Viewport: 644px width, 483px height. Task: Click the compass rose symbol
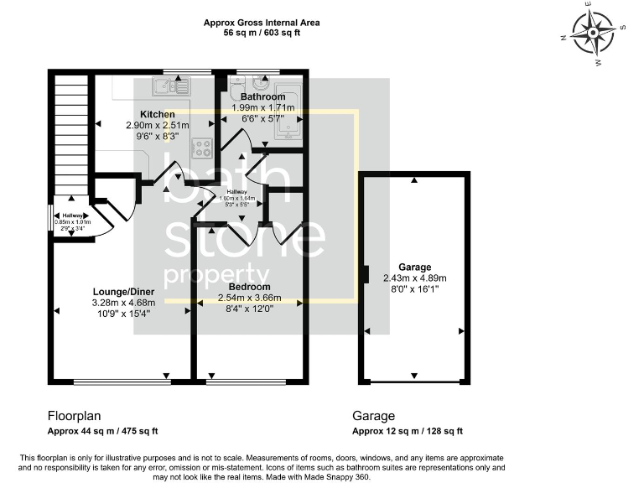595,34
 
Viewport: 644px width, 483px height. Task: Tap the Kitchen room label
158,114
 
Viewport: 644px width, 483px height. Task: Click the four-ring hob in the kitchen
202,148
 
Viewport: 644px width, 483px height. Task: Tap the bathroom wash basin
261,86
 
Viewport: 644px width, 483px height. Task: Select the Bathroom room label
262,97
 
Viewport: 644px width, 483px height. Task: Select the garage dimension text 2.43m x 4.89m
414,278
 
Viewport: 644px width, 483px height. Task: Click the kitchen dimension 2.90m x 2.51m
158,125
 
